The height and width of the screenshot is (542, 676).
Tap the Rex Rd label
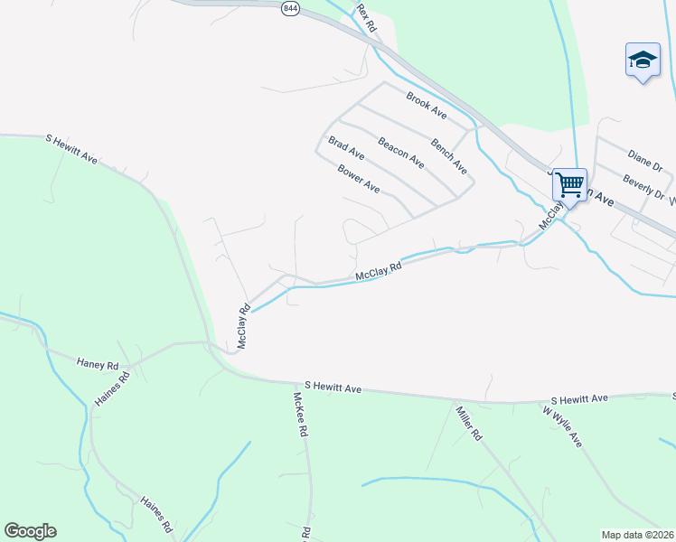[x=365, y=18]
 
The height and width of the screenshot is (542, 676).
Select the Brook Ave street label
[x=427, y=106]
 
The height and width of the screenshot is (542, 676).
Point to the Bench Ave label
[x=448, y=155]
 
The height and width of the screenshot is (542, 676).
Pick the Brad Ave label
[x=346, y=149]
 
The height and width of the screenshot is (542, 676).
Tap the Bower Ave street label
[x=359, y=178]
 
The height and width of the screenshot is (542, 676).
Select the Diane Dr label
[x=644, y=160]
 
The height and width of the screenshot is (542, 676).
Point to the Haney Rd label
[x=98, y=365]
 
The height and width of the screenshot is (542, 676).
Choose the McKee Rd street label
[x=301, y=415]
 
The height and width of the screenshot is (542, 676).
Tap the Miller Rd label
[x=467, y=423]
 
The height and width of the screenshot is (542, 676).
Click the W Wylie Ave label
[x=562, y=426]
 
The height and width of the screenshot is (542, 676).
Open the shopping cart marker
[x=569, y=184]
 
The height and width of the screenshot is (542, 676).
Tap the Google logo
[x=30, y=531]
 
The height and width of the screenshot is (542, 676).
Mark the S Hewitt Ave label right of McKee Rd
[x=333, y=387]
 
